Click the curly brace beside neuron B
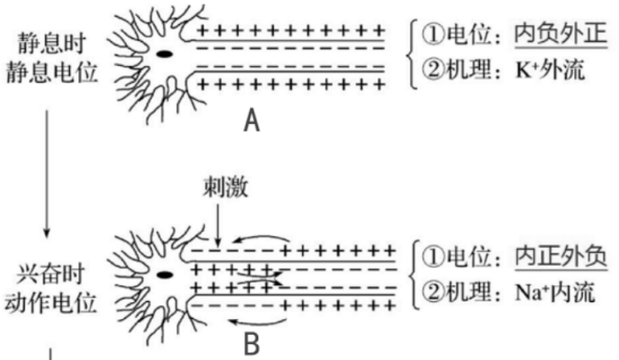click(x=411, y=274)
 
